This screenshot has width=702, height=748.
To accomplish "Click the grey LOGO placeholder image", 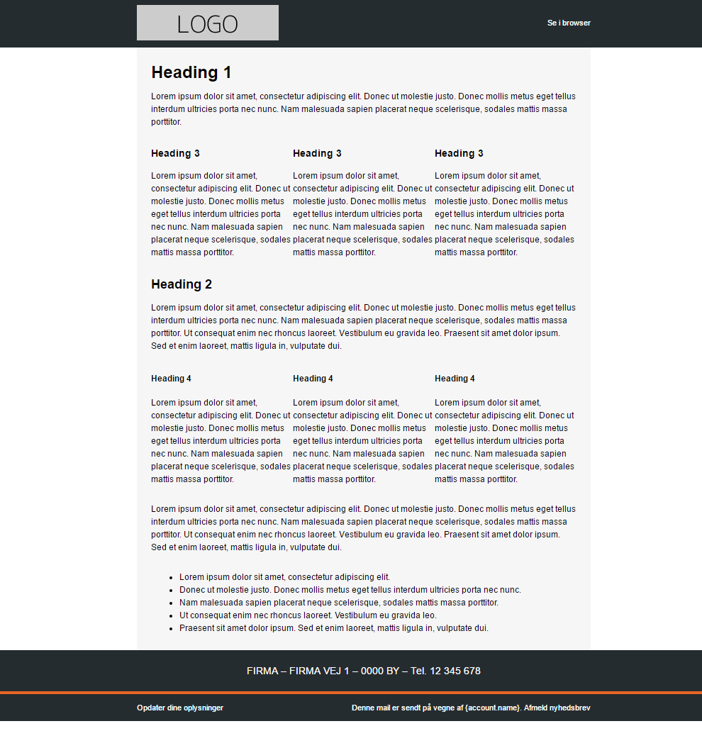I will [x=207, y=23].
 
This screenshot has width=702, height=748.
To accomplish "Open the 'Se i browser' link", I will [x=569, y=23].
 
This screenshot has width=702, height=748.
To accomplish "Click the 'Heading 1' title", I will [x=191, y=72].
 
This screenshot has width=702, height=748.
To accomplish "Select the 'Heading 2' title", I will [x=182, y=284].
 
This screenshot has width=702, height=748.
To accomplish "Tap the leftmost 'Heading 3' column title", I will [x=175, y=153].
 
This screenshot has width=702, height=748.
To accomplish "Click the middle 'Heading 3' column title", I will [x=317, y=153].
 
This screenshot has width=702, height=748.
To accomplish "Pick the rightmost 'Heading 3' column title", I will [x=459, y=153].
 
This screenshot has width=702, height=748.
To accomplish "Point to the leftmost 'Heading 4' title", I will [x=171, y=379].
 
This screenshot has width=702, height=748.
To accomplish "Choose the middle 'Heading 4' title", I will [x=313, y=379].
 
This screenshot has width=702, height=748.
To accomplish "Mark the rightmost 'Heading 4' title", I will [x=455, y=379].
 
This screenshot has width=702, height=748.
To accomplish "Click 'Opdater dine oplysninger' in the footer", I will [x=180, y=708].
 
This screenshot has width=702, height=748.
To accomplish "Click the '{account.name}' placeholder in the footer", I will [x=493, y=708].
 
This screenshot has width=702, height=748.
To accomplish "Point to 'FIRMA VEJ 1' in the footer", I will [x=319, y=671].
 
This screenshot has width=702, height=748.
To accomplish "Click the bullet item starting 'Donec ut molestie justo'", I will [x=350, y=590].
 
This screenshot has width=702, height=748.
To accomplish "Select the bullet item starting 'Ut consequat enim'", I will [x=308, y=615].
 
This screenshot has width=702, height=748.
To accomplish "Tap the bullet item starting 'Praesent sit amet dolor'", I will [x=333, y=628].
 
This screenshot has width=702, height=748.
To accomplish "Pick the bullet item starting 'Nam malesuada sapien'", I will [x=338, y=603].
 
